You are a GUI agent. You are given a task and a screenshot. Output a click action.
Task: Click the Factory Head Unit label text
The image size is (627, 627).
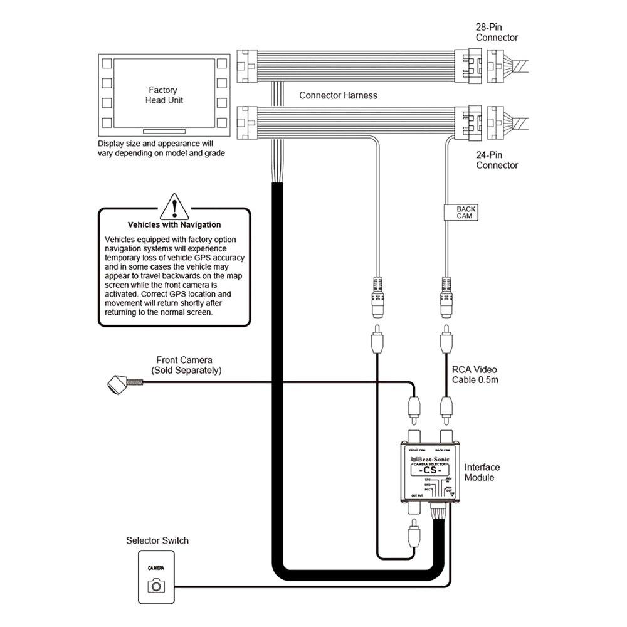point(163,95)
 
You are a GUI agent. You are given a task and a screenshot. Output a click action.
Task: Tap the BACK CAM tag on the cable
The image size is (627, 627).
point(466,213)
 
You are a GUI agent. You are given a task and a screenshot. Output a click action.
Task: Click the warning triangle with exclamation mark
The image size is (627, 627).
point(174,206)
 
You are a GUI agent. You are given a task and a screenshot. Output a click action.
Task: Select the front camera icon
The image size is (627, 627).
point(117,383)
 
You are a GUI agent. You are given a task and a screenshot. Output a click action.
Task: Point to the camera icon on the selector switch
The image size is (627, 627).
point(155,586)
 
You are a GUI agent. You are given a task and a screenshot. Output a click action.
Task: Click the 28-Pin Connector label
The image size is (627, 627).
point(497,33)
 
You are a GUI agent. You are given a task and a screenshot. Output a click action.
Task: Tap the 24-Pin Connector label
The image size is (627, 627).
point(497,160)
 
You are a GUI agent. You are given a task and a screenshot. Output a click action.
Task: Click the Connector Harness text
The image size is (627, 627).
point(338,95)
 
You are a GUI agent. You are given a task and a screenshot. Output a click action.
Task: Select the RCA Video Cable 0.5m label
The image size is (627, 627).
point(475,374)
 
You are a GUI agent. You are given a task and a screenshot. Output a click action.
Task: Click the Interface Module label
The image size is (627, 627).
point(482,472)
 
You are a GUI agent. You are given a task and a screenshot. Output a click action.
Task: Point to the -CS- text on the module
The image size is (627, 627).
point(431,470)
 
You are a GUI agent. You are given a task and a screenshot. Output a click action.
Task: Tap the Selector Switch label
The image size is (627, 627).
point(157,540)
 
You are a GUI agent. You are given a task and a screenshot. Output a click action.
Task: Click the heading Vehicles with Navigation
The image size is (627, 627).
point(174,224)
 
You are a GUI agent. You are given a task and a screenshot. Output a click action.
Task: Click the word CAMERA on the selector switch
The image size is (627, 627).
point(155,567)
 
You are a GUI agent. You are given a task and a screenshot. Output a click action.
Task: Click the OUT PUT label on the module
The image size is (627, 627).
point(417,496)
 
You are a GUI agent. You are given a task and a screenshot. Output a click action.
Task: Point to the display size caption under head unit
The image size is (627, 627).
point(161,148)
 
